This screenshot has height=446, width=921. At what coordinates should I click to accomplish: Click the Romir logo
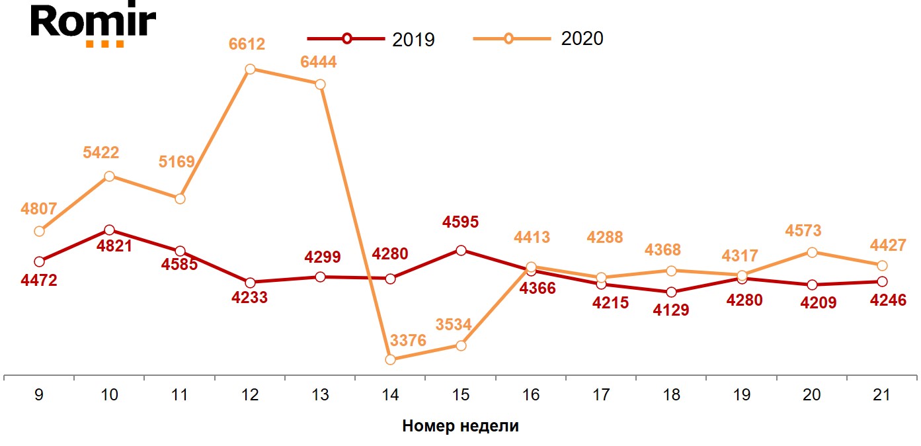93,26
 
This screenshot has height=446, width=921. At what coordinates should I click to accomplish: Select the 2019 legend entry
370,38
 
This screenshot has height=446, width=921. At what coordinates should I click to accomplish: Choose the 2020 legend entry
538,38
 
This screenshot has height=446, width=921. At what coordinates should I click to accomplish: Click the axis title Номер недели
460,426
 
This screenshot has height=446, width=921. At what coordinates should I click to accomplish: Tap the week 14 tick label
391,395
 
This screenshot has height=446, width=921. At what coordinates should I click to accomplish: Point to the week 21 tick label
882,395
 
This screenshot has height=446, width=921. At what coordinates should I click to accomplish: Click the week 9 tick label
39,395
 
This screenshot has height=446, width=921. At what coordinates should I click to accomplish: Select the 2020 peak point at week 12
250,69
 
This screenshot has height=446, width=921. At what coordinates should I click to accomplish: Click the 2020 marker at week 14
390,359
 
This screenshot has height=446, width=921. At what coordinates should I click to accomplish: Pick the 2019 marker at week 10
110,230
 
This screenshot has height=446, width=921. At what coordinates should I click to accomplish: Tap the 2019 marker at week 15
461,250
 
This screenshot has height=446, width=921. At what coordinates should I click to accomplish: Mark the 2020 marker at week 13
320,84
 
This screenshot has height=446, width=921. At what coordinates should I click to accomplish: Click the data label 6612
247,44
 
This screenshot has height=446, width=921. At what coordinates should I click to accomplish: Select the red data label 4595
461,222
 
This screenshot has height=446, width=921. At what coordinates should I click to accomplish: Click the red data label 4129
671,310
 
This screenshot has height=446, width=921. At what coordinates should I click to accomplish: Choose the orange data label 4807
39,210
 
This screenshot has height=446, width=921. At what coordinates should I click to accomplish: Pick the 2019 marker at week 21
882,281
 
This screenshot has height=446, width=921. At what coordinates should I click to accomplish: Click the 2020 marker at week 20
812,252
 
